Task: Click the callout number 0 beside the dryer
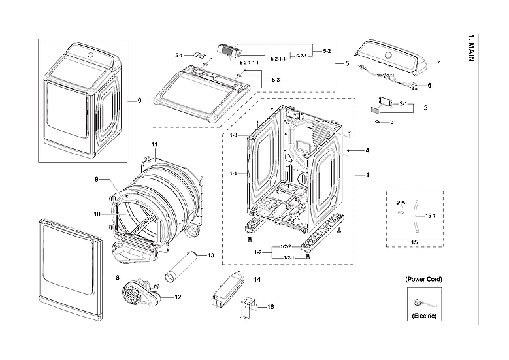click(139, 101)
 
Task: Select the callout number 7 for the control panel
click(438, 63)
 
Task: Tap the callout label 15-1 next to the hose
click(430, 215)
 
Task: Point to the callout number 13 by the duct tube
click(210, 255)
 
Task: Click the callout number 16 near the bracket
click(271, 306)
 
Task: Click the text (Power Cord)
click(423, 279)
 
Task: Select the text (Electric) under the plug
click(423, 316)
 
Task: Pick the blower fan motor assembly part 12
click(139, 297)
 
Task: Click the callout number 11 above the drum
click(155, 144)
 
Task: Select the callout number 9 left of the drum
click(96, 179)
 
